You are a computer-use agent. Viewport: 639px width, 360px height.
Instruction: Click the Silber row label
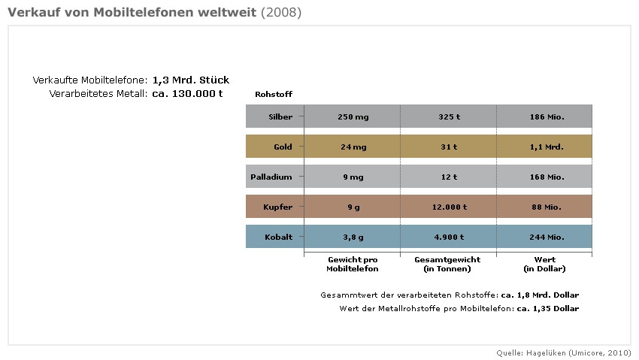click(x=280, y=116)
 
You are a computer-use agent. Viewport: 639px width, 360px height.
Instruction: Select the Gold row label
click(x=283, y=147)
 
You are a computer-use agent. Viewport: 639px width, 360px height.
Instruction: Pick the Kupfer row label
click(x=280, y=207)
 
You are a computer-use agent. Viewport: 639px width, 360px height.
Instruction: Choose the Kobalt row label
click(x=280, y=237)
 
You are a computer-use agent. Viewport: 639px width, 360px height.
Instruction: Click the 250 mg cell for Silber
click(x=352, y=116)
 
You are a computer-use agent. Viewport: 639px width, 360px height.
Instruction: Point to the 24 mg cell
click(x=352, y=147)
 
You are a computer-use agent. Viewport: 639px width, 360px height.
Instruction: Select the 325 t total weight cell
click(x=448, y=116)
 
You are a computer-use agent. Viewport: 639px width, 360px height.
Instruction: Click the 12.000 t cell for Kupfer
click(x=448, y=207)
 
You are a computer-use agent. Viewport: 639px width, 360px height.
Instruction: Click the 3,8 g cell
click(x=352, y=237)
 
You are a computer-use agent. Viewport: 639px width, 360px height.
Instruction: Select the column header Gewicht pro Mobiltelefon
click(x=352, y=264)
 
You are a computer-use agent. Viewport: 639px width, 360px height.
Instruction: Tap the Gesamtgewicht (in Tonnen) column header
click(x=448, y=264)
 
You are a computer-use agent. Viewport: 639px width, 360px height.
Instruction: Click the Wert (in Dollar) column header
click(x=544, y=264)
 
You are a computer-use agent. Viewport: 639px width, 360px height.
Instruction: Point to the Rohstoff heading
click(x=274, y=94)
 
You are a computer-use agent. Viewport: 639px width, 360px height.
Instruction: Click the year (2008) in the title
click(x=282, y=14)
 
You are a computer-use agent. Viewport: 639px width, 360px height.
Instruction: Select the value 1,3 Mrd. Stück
click(x=190, y=80)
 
